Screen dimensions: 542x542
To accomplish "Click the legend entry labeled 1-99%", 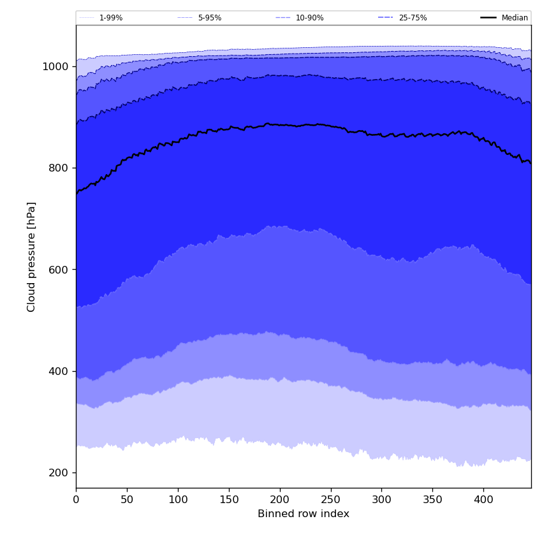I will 110,18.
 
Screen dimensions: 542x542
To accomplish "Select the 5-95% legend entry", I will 209,18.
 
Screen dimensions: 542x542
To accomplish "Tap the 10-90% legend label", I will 309,18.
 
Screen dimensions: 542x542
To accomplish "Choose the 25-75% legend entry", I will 413,18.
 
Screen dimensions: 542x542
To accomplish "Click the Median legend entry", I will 515,18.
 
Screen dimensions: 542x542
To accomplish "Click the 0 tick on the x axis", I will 76,500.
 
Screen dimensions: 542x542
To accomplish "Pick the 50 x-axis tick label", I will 127,500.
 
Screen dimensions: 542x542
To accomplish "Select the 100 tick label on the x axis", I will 178,500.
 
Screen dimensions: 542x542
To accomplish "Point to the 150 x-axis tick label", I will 229,500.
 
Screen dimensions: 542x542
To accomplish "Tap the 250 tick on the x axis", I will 331,500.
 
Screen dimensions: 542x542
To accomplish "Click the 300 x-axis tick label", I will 381,500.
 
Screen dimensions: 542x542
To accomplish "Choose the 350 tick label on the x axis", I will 432,500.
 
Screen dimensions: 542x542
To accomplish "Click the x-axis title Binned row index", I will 304,514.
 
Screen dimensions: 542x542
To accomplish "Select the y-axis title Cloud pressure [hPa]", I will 32,256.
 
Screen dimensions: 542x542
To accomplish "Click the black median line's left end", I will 77,193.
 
